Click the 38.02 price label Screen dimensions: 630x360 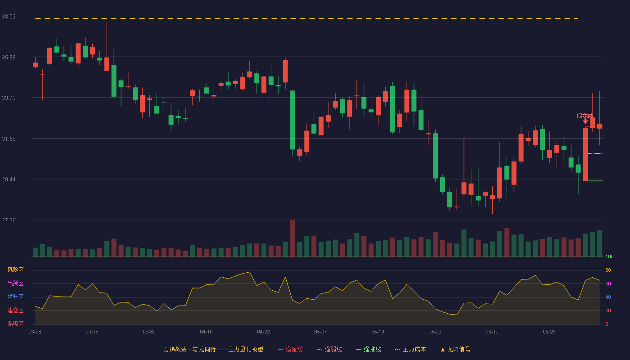9,17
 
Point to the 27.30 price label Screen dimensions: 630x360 9,220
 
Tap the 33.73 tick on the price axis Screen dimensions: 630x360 9,98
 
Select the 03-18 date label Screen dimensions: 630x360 92,332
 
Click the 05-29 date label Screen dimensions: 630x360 435,332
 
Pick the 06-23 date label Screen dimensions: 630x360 549,332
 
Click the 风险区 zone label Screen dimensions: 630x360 15,270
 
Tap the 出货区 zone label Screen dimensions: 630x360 15,283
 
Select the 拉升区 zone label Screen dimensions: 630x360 15,297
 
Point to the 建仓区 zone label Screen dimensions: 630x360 15,310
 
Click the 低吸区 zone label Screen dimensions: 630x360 15,324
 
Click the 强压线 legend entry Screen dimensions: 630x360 290,349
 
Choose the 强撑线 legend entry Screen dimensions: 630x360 369,349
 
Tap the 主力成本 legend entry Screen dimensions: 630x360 410,349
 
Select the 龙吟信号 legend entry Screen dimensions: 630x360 455,349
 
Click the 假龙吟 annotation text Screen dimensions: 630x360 585,116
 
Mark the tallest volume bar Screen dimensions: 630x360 292,238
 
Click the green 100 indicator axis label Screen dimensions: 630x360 609,256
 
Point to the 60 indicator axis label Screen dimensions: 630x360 608,283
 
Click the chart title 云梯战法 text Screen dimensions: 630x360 175,349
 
